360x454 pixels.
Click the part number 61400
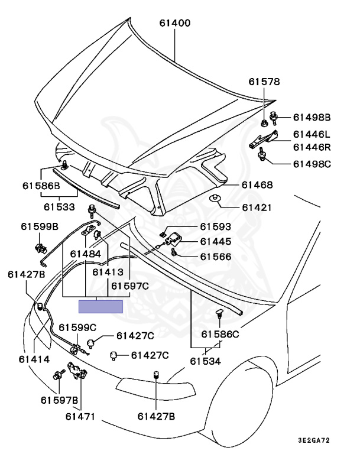click(x=174, y=24)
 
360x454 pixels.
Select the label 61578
click(x=264, y=82)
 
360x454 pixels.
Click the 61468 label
click(x=257, y=186)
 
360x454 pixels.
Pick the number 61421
click(x=257, y=207)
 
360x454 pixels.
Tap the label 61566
click(x=215, y=257)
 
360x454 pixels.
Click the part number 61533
click(x=59, y=207)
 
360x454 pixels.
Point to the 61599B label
click(x=40, y=226)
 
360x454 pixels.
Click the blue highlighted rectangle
click(x=101, y=306)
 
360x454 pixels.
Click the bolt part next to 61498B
click(x=274, y=118)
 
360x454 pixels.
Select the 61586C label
click(x=220, y=334)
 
